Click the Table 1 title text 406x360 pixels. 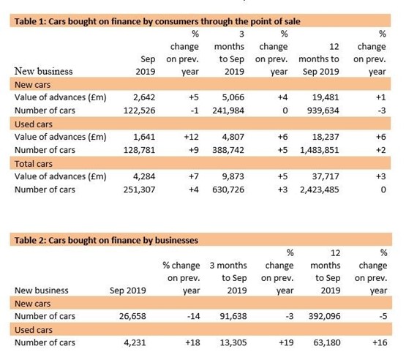point(157,21)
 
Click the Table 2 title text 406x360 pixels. point(106,240)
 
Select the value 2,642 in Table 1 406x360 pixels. point(144,97)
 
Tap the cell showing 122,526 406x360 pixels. point(139,110)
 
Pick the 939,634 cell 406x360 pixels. point(323,110)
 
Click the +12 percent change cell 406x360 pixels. point(192,137)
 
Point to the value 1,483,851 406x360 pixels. point(319,150)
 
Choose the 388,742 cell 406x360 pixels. point(228,150)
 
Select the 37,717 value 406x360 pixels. point(326,176)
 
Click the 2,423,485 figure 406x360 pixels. point(319,190)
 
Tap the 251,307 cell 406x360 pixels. point(139,190)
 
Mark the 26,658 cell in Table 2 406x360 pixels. point(132,316)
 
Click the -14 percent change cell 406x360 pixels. point(193,316)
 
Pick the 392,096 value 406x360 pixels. point(325,316)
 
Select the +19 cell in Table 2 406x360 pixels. point(286,342)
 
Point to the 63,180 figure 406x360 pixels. point(327,342)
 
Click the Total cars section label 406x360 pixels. point(34,164)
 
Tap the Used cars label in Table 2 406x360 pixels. point(34,330)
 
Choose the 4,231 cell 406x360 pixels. point(135,342)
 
